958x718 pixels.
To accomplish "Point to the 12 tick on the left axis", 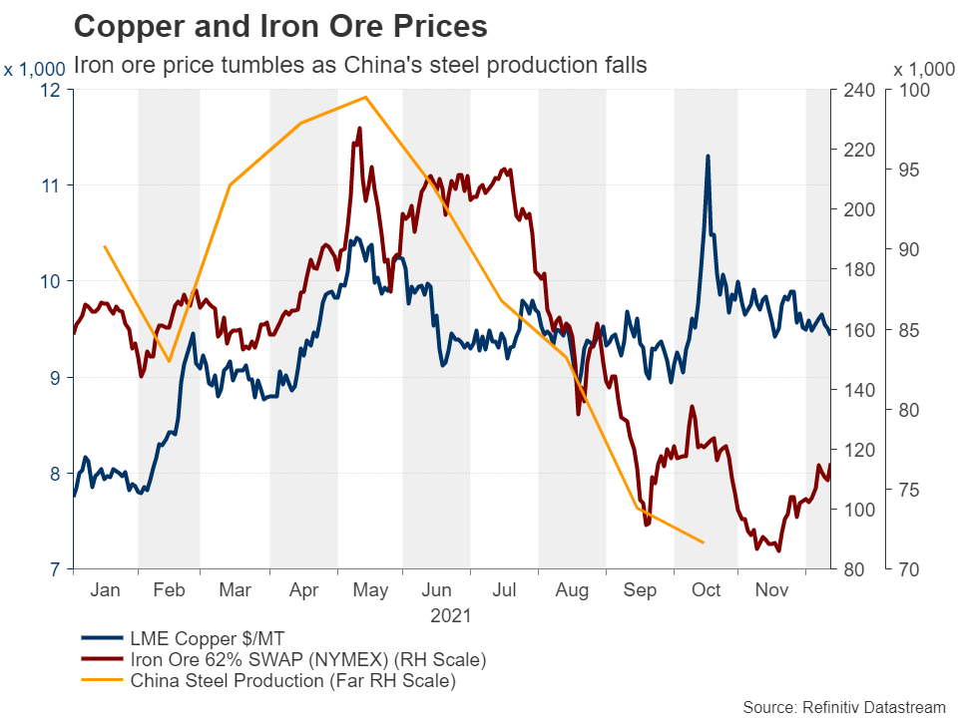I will click(x=50, y=90).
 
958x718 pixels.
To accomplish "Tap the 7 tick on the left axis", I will click(x=55, y=569).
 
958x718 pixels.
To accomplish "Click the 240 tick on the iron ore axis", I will click(x=860, y=90).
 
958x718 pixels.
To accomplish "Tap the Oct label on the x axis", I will click(x=707, y=591).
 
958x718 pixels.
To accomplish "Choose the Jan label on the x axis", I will click(x=105, y=591).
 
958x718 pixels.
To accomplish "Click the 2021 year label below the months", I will click(x=451, y=615).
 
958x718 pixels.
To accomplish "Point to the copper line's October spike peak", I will click(x=708, y=156).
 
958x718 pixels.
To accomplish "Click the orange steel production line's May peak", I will click(x=366, y=97).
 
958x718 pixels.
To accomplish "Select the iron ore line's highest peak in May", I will click(x=358, y=128).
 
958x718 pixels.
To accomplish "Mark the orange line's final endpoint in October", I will click(x=704, y=542).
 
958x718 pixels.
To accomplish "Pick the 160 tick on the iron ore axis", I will click(x=860, y=330).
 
